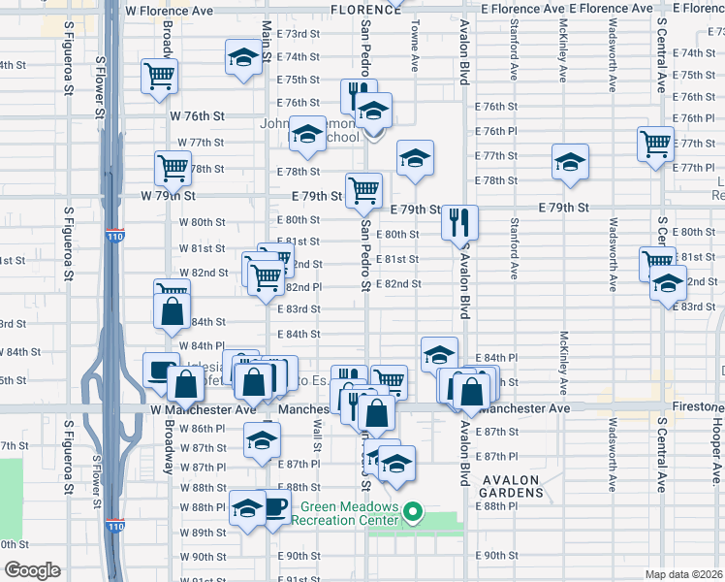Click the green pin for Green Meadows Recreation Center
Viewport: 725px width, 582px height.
coord(414,511)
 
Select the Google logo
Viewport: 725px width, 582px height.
coord(32,569)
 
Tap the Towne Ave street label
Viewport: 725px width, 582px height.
coord(415,48)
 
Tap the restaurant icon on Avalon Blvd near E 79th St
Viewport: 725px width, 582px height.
coord(459,222)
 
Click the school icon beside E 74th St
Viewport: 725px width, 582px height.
coord(242,56)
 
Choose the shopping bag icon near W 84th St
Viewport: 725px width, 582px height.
coord(171,311)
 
